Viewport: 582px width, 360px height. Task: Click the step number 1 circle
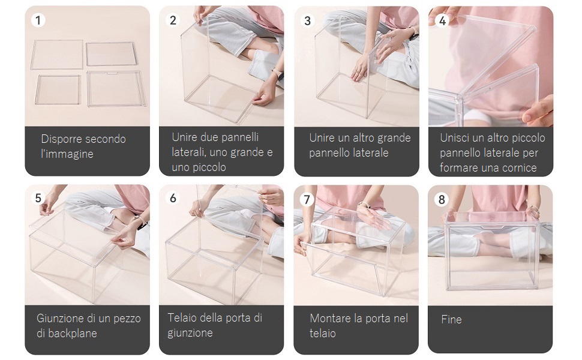[38, 20]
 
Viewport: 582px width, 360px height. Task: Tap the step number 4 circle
[442, 20]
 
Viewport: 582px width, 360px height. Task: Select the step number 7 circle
[307, 199]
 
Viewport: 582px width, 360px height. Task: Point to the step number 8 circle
[442, 199]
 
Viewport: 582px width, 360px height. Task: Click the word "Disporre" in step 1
[61, 139]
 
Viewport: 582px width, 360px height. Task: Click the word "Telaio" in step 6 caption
[182, 317]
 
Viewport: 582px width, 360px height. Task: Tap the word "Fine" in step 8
[451, 319]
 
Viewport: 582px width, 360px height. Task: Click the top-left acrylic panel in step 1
[57, 55]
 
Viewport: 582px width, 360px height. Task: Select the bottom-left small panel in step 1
[58, 90]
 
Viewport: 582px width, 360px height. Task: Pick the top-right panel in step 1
[112, 54]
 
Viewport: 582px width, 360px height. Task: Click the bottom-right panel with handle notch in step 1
[115, 88]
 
